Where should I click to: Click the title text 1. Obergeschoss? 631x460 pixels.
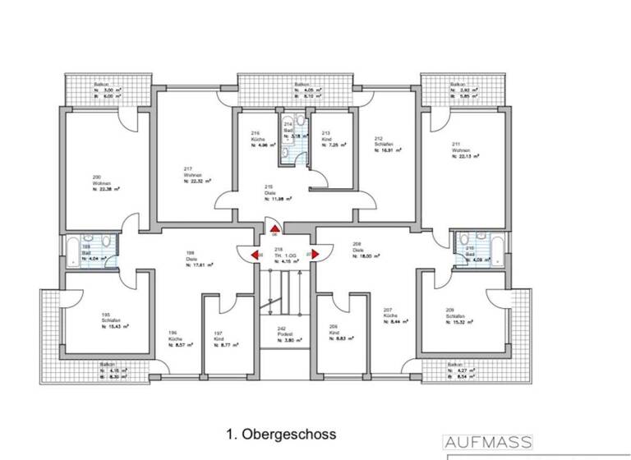tap(281, 432)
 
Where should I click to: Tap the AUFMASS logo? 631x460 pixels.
tap(488, 442)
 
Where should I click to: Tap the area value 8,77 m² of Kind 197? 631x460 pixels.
tap(228, 345)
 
